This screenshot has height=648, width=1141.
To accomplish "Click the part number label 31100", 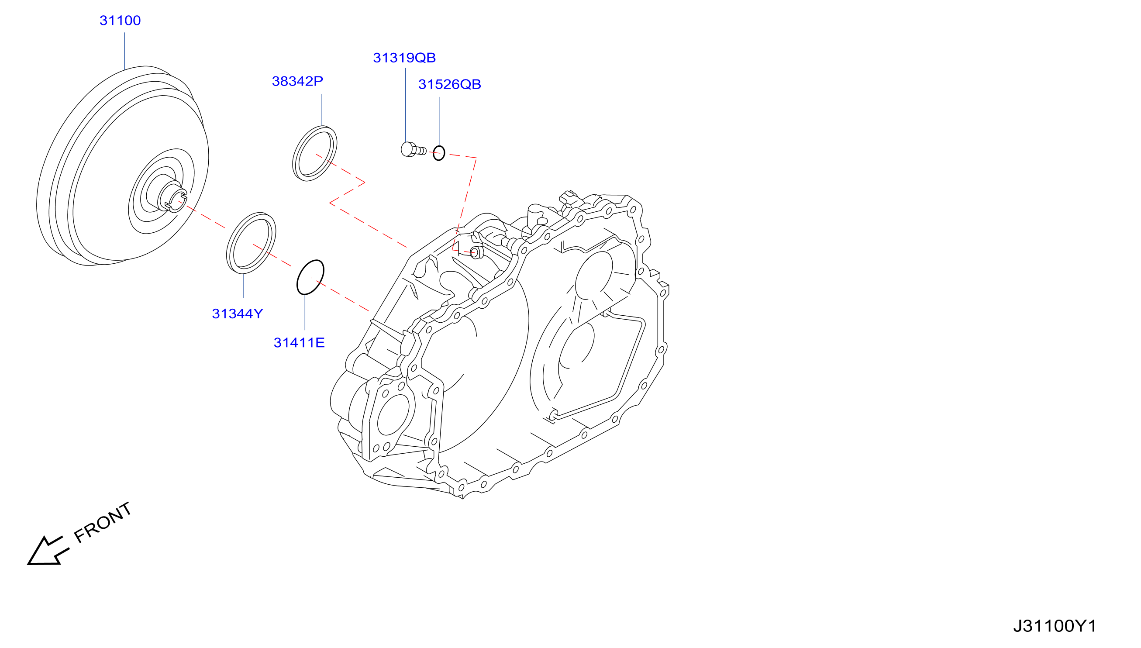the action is tap(120, 21).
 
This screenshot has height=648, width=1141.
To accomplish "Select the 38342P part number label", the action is tap(297, 81).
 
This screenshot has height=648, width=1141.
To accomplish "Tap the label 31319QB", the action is tap(404, 58).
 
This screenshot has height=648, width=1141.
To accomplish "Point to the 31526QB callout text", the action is tap(449, 85).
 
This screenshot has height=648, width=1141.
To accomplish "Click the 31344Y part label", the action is tap(237, 314).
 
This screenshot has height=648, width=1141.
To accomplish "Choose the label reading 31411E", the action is tap(299, 343).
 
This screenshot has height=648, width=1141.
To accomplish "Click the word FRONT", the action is tap(103, 523).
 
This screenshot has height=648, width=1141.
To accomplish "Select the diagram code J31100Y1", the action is tap(1055, 626).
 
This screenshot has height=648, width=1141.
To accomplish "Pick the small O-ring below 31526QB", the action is tap(439, 153).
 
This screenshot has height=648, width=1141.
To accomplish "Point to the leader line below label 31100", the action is tap(124, 51).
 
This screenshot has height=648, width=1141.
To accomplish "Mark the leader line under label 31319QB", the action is tap(405, 105).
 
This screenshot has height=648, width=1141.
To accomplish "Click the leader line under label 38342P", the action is tap(322, 110).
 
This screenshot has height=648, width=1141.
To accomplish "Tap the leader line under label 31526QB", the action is tap(440, 121).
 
